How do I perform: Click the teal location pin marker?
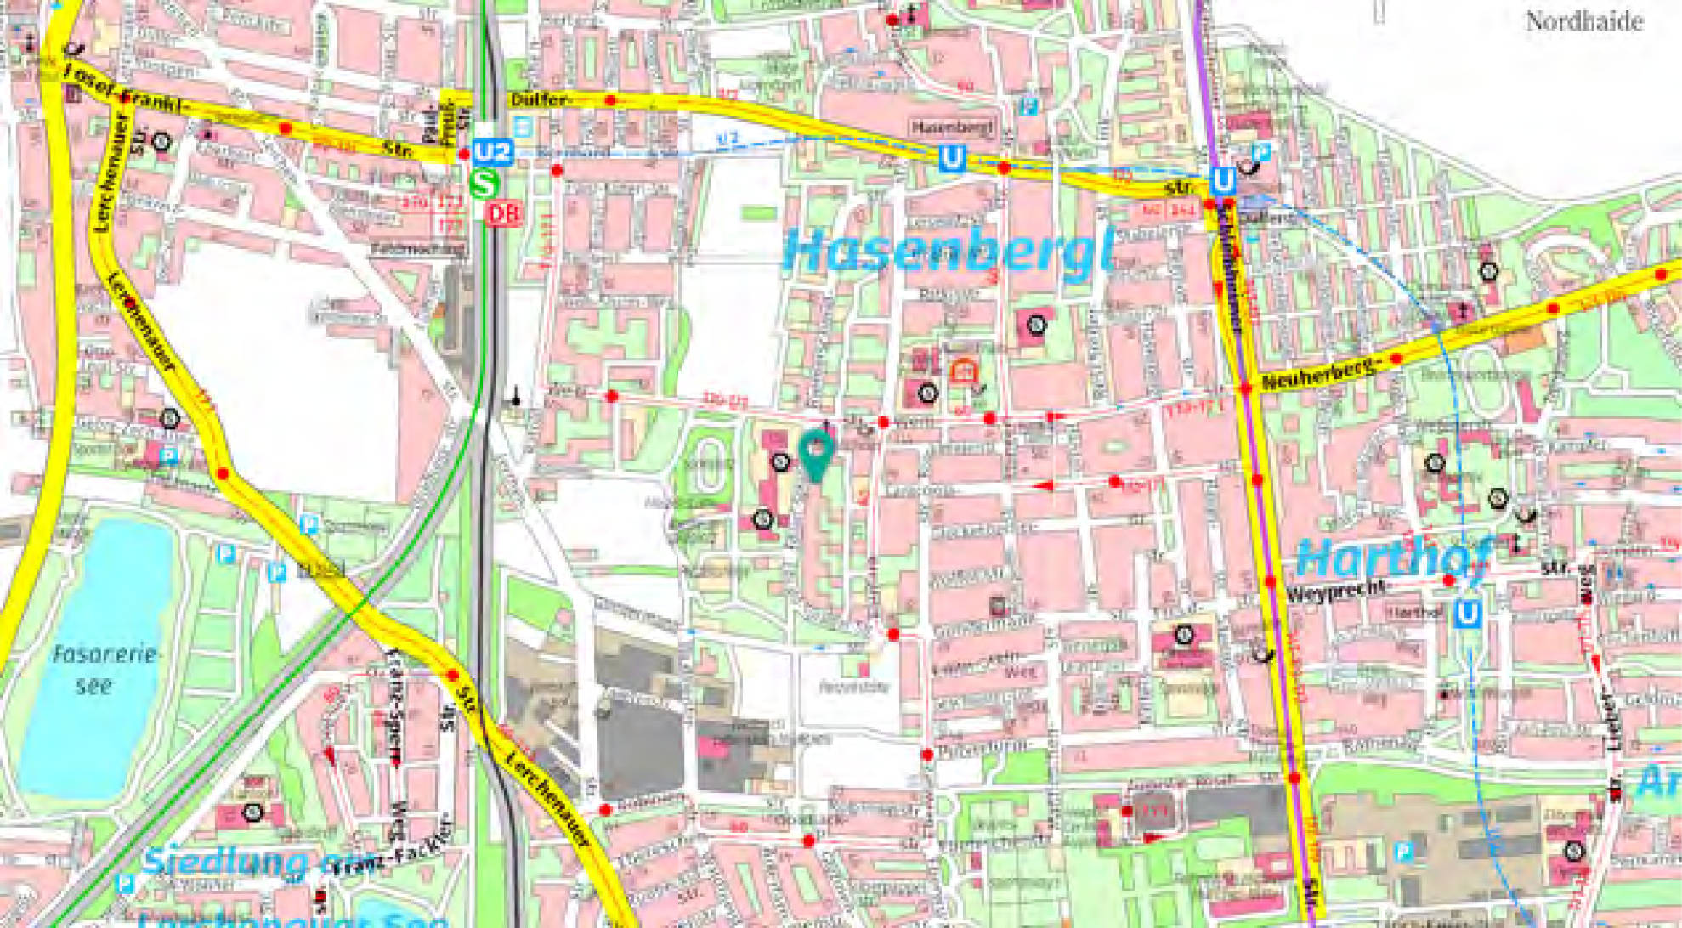click(816, 453)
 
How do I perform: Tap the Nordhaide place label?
click(1583, 22)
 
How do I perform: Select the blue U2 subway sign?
click(493, 153)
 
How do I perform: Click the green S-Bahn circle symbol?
click(484, 184)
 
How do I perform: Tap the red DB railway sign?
click(503, 213)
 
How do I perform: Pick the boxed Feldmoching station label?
click(418, 249)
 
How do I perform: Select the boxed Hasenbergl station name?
click(952, 127)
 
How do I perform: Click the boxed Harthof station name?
click(1415, 611)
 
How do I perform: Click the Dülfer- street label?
click(539, 100)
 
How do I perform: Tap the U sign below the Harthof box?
click(1467, 613)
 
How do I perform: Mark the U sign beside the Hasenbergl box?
click(952, 158)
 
